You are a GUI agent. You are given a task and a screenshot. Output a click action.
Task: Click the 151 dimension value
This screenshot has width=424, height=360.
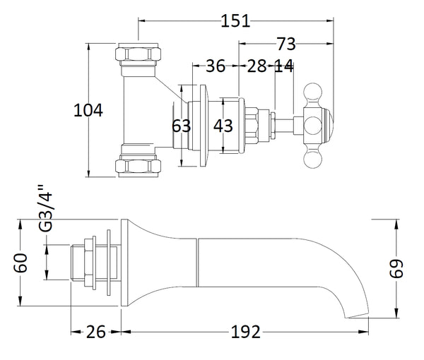pyautogui.click(x=235, y=20)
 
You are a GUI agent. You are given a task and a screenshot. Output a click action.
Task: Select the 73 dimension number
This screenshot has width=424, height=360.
pyautogui.click(x=286, y=44)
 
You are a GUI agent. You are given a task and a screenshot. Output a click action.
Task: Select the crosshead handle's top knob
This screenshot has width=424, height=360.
pyautogui.click(x=313, y=91)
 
